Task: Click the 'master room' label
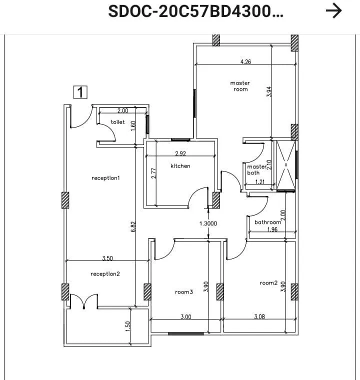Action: (240, 86)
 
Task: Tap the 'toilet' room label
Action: (118, 122)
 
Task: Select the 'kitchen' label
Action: (180, 166)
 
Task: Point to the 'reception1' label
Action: (105, 178)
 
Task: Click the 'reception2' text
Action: (105, 274)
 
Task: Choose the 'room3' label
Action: (184, 292)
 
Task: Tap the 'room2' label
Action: (268, 283)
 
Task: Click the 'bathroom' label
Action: (268, 222)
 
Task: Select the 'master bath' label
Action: (256, 170)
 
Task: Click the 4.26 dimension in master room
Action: (245, 62)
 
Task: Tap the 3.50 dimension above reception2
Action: (107, 258)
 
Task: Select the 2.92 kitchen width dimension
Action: (180, 153)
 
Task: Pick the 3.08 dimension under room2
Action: (259, 316)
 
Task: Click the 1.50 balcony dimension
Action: (127, 326)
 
